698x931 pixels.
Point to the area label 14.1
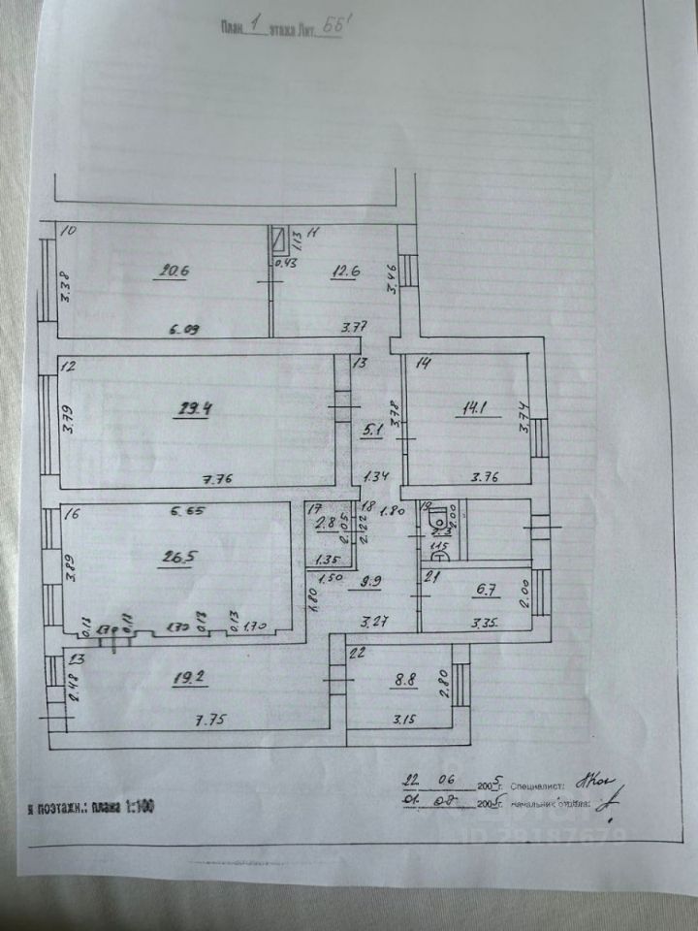(474, 408)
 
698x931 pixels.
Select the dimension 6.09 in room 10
(185, 330)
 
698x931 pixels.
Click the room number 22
(356, 653)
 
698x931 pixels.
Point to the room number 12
(68, 367)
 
